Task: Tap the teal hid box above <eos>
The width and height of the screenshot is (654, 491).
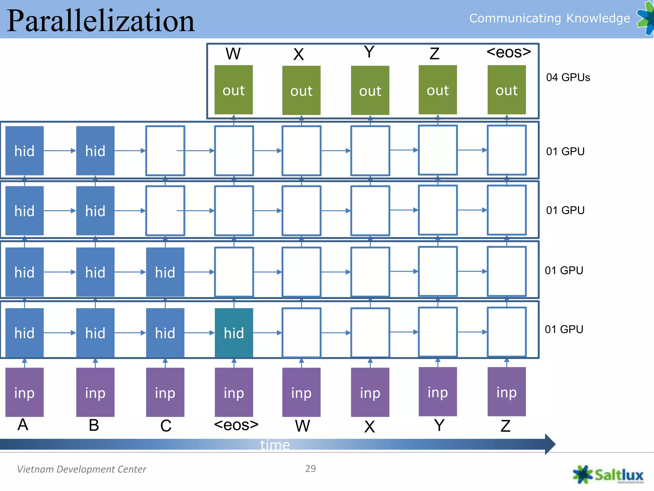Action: [234, 333]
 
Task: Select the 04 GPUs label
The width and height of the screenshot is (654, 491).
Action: [568, 77]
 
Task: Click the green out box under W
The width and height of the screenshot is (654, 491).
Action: [233, 90]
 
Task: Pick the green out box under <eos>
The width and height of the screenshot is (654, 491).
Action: [506, 90]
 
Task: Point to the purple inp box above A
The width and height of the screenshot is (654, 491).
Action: [25, 392]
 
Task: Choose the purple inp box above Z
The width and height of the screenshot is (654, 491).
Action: [506, 392]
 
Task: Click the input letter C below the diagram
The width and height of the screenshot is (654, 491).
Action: [166, 426]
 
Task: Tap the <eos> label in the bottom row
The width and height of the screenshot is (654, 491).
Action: [236, 425]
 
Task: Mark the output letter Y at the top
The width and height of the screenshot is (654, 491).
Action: [369, 52]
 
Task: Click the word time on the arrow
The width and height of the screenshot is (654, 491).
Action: [275, 445]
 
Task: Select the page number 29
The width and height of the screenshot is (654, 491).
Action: [310, 469]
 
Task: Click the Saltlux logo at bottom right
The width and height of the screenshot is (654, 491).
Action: [608, 475]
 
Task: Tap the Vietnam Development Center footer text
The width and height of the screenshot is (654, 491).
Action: [81, 469]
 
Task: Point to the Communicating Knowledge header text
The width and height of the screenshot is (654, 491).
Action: [550, 18]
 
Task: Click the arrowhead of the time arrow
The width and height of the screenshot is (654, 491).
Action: [550, 444]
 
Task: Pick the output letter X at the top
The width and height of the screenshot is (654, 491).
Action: [299, 54]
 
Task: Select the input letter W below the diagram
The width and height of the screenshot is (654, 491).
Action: [302, 426]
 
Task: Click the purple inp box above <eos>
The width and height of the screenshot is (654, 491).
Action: [234, 392]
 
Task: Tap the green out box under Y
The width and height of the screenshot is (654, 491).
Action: [370, 90]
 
